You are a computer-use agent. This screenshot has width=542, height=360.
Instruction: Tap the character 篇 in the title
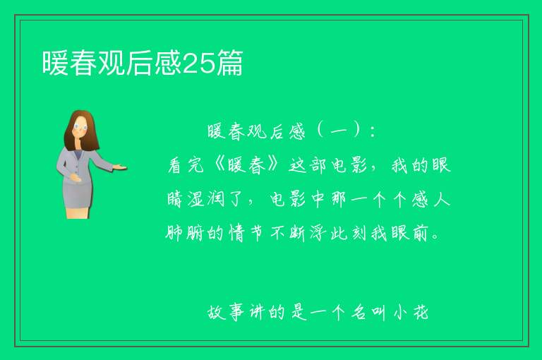point(230,63)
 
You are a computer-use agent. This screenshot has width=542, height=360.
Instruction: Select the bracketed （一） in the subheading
point(339,131)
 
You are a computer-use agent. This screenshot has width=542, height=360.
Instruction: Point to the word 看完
point(186,165)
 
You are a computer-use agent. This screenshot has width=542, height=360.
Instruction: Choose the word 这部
point(307,165)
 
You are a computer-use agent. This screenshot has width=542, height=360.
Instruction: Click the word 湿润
point(206,199)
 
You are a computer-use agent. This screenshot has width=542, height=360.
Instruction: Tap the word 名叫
point(369,312)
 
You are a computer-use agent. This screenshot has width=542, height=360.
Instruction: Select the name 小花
point(411,312)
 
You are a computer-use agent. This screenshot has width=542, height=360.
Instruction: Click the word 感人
point(430,199)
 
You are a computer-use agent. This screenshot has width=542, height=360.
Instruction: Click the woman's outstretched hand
point(120,167)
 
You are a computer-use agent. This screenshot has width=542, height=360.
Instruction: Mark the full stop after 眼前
point(435,237)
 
